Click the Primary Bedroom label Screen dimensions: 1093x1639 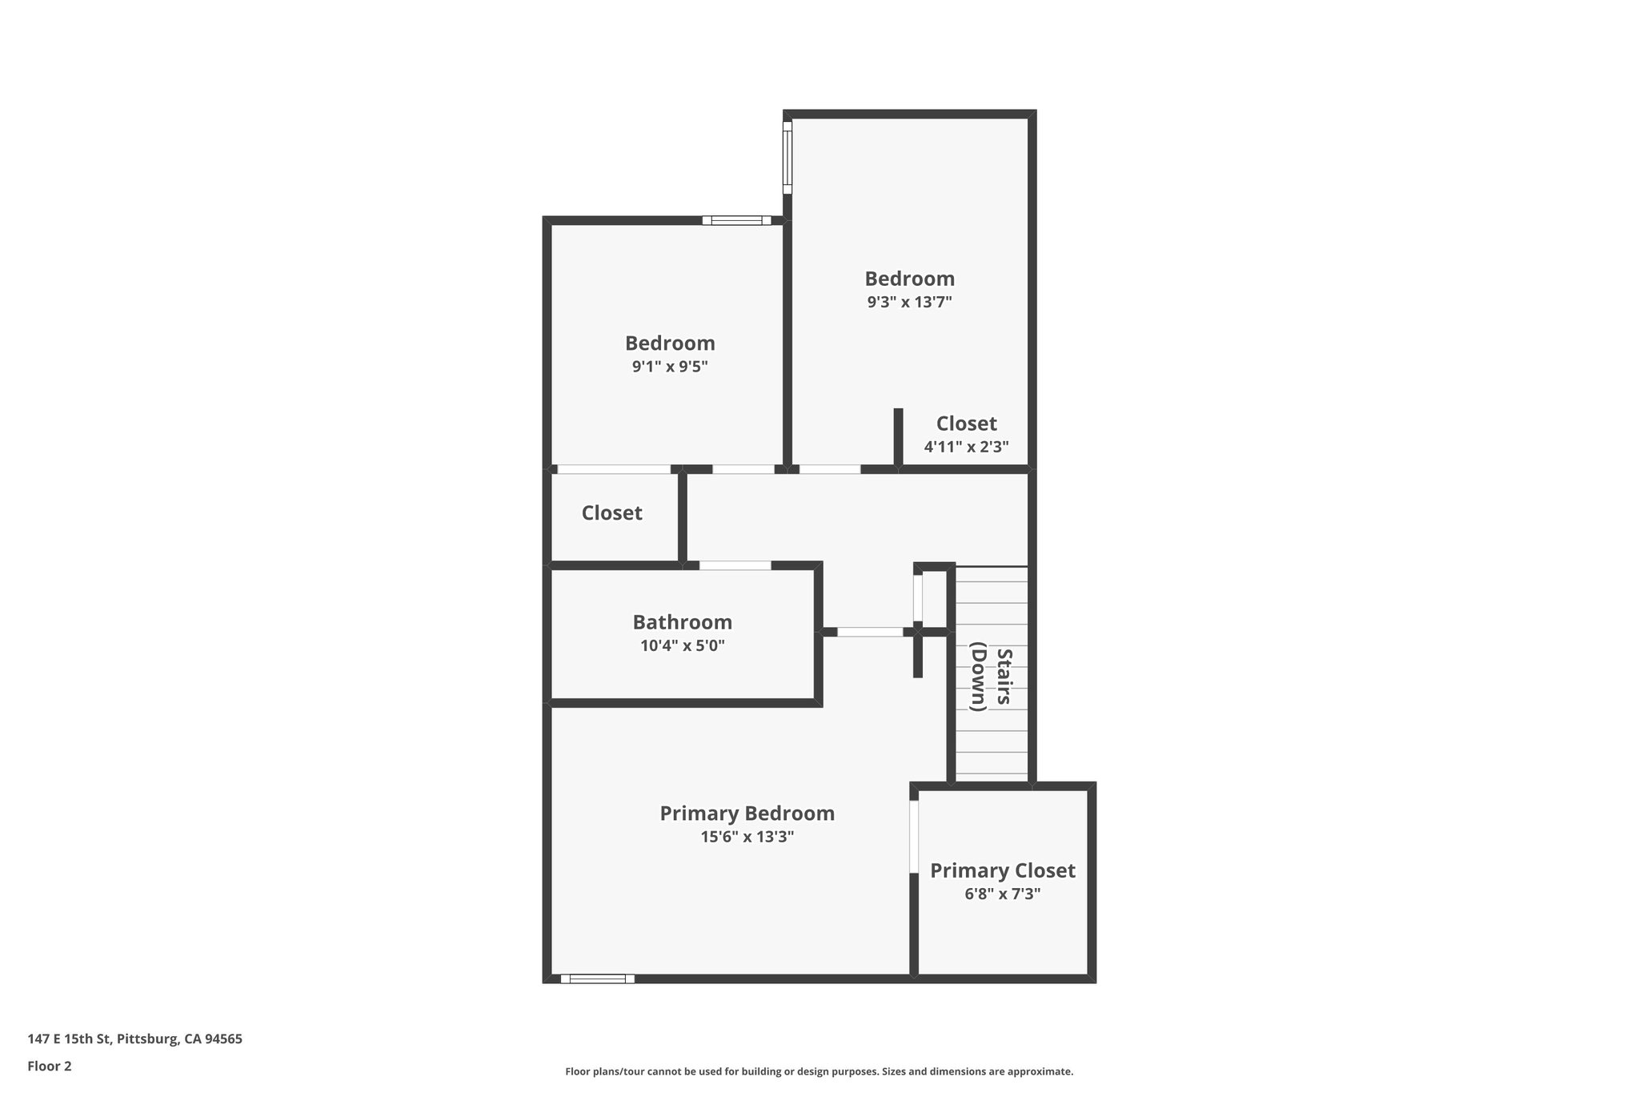pyautogui.click(x=747, y=814)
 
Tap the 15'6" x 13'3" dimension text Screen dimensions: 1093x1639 pyautogui.click(x=747, y=838)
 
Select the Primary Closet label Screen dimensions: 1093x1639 pyautogui.click(x=1002, y=870)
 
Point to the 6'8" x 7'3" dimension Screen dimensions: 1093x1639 pyautogui.click(x=1002, y=894)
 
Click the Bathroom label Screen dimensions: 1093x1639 pyautogui.click(x=682, y=622)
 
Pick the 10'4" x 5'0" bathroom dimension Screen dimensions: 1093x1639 pyautogui.click(x=682, y=646)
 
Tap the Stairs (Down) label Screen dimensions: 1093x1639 pyautogui.click(x=992, y=677)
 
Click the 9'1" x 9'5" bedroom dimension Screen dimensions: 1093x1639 pyautogui.click(x=670, y=367)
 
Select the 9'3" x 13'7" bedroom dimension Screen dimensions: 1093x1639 pyautogui.click(x=909, y=303)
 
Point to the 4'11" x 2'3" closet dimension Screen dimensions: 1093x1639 pyautogui.click(x=966, y=447)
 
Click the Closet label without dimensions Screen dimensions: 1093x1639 pyautogui.click(x=611, y=513)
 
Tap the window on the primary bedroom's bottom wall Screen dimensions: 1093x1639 pyautogui.click(x=597, y=978)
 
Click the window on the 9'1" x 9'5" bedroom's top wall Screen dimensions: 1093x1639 pyautogui.click(x=736, y=220)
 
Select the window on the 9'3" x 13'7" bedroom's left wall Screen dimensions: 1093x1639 pyautogui.click(x=787, y=157)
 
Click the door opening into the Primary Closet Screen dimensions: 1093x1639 pyautogui.click(x=913, y=836)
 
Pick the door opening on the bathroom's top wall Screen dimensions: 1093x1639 pyautogui.click(x=735, y=565)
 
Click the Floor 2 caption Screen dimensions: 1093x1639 pyautogui.click(x=50, y=1067)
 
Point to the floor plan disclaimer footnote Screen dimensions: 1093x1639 pyautogui.click(x=819, y=1071)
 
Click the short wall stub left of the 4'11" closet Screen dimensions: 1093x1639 pyautogui.click(x=898, y=436)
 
